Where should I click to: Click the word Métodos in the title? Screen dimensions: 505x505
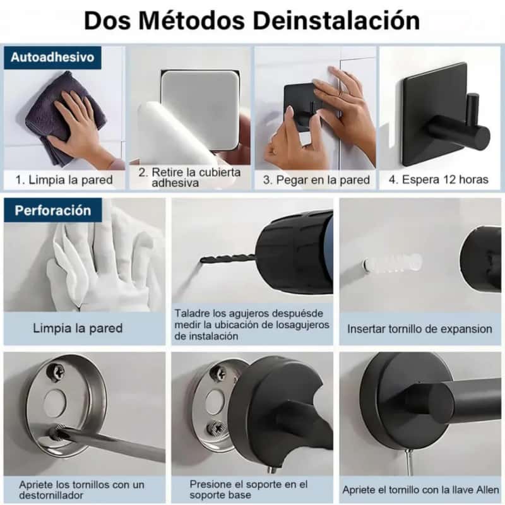coord(192,21)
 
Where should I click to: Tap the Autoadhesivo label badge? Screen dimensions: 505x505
coord(52,57)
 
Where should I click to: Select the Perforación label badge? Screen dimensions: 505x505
coord(53,210)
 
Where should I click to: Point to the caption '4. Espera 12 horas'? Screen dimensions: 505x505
coord(438,179)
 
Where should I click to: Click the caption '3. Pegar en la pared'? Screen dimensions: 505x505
coord(316,180)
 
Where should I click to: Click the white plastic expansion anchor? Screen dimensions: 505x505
coord(393,263)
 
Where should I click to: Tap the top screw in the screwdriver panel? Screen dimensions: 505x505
coord(55,372)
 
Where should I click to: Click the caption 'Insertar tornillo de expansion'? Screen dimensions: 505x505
coord(419,329)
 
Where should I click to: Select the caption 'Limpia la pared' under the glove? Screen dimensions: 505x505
coord(78,328)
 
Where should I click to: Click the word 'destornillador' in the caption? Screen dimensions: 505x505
coord(51,496)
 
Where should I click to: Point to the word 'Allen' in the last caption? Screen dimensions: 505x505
coord(487,490)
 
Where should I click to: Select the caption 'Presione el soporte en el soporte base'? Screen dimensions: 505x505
coord(248,489)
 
